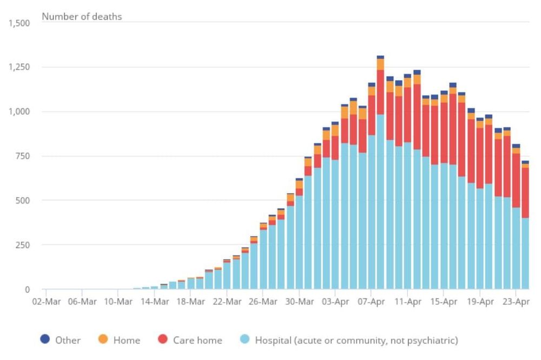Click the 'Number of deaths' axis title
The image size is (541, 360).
(82, 16)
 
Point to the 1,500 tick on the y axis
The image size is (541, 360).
(19, 23)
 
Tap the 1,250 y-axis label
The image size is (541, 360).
(19, 67)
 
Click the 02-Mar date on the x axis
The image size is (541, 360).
(46, 301)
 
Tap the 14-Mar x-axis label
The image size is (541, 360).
(154, 301)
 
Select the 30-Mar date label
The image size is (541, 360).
(299, 301)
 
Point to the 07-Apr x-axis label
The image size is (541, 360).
(371, 301)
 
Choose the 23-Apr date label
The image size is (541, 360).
(516, 301)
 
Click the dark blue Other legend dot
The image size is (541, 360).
(45, 339)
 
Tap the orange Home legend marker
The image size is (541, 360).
(103, 339)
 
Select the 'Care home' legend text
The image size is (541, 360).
(197, 341)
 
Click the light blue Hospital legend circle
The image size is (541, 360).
(245, 339)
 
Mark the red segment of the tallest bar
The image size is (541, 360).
(380, 92)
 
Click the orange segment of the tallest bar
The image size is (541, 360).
(380, 64)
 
